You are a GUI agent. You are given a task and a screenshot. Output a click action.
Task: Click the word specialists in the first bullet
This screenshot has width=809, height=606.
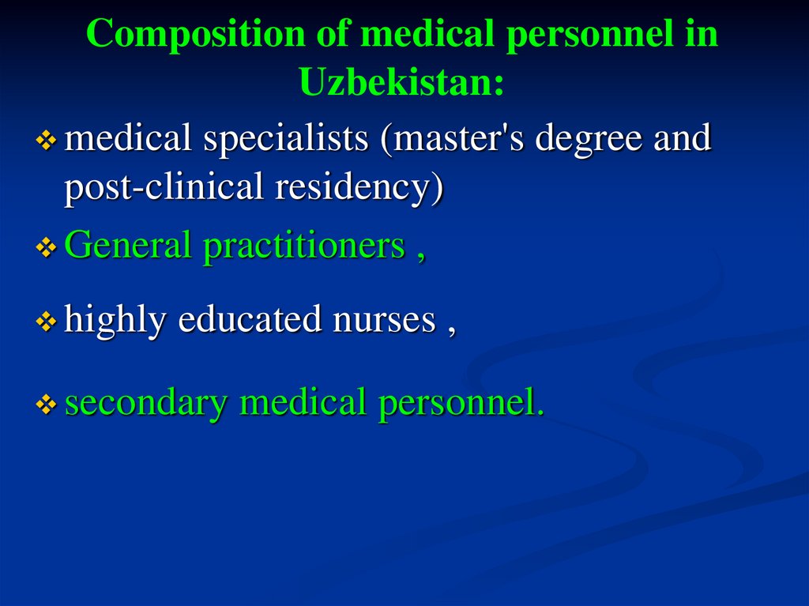click(x=287, y=140)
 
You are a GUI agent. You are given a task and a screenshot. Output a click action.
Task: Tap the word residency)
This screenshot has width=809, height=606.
click(x=359, y=188)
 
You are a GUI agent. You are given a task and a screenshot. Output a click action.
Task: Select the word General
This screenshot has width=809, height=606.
click(x=129, y=246)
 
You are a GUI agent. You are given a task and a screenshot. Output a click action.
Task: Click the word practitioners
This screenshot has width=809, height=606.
click(x=305, y=246)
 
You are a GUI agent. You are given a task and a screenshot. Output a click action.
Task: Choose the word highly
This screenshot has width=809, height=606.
click(x=115, y=319)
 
